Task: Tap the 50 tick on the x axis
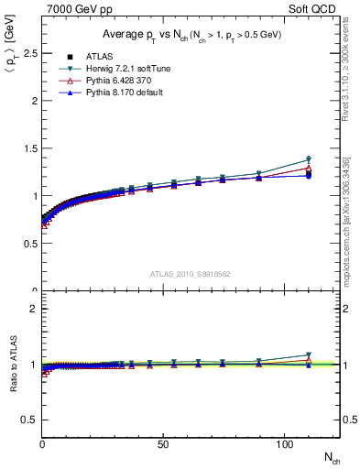click(162, 443)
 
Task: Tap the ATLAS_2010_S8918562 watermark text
click(191, 273)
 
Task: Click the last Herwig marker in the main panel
click(309, 159)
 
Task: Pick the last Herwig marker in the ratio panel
click(309, 355)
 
